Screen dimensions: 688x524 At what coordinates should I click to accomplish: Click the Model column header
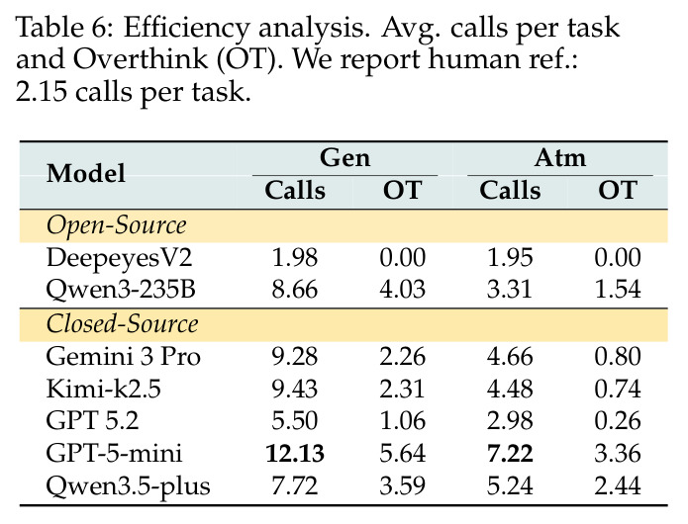pos(86,173)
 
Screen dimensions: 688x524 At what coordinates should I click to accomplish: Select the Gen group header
pos(344,158)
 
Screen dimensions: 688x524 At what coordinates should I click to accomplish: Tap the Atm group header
pos(560,158)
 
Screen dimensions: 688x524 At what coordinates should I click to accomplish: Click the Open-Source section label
pos(116,226)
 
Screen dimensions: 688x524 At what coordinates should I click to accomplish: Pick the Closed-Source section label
pos(122,324)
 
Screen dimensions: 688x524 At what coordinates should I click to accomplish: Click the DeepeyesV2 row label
pos(120,258)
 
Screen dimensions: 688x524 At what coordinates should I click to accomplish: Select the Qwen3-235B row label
pos(121,290)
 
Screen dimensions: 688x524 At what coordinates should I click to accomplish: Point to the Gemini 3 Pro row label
pos(124,356)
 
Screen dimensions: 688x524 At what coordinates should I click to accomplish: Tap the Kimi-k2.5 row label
pos(104,389)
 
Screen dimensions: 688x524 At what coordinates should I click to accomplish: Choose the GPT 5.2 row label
pos(93,420)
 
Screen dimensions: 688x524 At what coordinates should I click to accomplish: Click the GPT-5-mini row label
pos(114,453)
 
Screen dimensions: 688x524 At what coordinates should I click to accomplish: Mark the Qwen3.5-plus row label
pos(128,486)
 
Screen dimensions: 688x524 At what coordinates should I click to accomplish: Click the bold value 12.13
pos(295,453)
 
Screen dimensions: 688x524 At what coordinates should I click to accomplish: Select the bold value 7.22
pos(510,453)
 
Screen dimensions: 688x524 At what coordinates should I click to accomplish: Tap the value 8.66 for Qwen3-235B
pos(295,290)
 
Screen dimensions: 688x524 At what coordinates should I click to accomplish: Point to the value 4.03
pos(402,290)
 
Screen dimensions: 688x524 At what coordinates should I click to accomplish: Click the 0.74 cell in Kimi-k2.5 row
pos(618,389)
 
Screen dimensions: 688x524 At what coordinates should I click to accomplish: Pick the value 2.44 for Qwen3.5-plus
pos(618,485)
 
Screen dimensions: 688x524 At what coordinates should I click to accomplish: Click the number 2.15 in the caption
pos(42,92)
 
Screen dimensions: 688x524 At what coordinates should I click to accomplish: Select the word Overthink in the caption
pos(141,58)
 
